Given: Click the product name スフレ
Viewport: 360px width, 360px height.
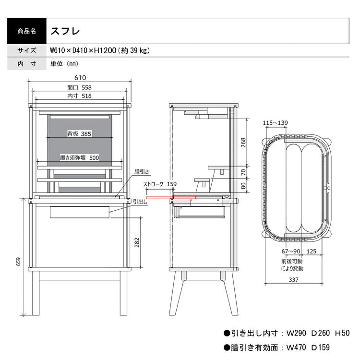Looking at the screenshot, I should pyautogui.click(x=65, y=31).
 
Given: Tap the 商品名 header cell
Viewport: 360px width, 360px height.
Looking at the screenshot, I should pyautogui.click(x=26, y=31).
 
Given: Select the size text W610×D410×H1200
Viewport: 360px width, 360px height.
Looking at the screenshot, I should pyautogui.click(x=84, y=50).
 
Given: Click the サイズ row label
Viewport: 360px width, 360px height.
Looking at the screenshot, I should pyautogui.click(x=26, y=50).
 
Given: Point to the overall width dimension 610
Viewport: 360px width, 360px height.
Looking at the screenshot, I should pyautogui.click(x=79, y=78).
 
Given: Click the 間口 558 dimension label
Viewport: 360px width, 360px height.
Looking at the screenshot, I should pyautogui.click(x=79, y=87).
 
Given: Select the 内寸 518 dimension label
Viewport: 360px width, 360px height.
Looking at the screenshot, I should pyautogui.click(x=79, y=96).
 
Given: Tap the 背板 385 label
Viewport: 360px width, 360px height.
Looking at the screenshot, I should pyautogui.click(x=79, y=133).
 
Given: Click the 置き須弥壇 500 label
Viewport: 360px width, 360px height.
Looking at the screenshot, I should pyautogui.click(x=79, y=157).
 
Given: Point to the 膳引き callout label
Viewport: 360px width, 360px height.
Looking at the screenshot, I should pyautogui.click(x=142, y=171).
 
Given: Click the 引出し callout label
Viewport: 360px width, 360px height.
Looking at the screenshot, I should pyautogui.click(x=140, y=202).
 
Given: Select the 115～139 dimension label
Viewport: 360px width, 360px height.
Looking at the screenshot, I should pyautogui.click(x=276, y=123).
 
